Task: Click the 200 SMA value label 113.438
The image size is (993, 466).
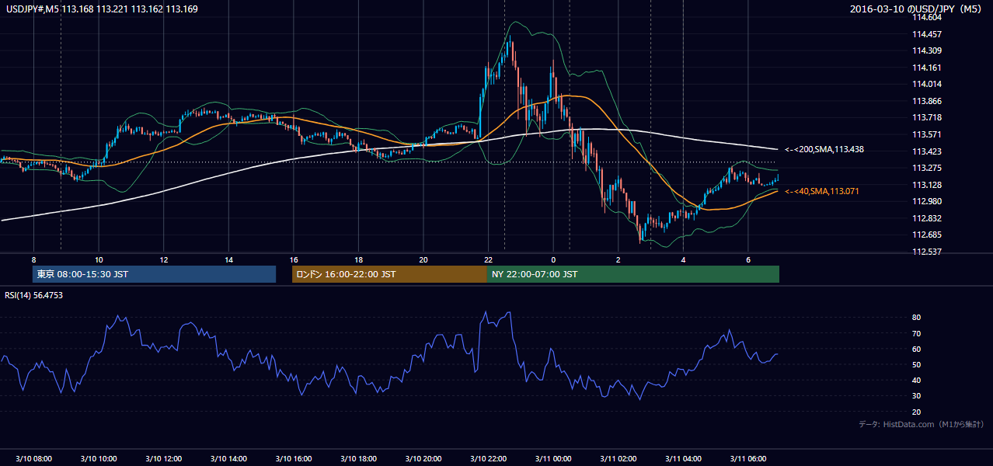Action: coord(824,150)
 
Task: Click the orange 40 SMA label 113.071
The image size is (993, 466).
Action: coord(822,191)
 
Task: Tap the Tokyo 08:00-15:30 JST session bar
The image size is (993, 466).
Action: coord(155,274)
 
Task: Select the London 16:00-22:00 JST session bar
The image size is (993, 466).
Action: coord(389,274)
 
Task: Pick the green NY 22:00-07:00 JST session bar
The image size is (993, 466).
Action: coord(633,274)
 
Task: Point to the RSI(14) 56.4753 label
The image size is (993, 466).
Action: coord(33,295)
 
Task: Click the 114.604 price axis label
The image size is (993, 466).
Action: coord(927,18)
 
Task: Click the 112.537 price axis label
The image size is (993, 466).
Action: coord(927,252)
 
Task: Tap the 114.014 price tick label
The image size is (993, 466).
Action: coord(927,84)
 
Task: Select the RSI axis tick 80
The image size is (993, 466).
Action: coord(916,317)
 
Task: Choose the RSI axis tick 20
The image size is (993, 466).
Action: coord(916,412)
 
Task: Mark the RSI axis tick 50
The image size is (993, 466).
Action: coord(916,364)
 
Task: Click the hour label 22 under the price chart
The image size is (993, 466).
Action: coord(488,260)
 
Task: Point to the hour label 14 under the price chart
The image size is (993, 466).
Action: coord(228,260)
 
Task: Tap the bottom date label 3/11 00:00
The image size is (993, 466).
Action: coord(553,458)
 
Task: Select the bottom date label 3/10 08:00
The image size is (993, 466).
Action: coord(33,458)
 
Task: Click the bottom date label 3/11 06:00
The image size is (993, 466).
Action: coord(747,458)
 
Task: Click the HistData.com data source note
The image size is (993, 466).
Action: coord(922,424)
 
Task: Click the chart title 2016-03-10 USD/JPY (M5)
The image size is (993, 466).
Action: coord(915,9)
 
